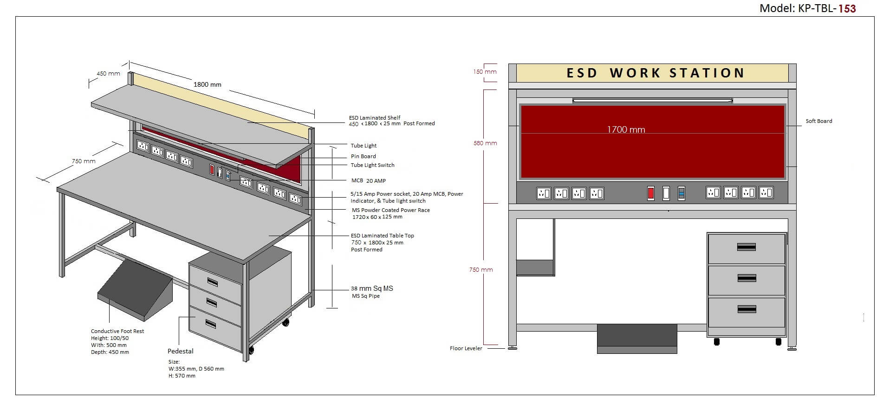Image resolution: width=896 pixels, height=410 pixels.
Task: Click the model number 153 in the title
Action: [847, 8]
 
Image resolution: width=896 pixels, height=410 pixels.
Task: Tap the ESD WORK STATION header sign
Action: [655, 73]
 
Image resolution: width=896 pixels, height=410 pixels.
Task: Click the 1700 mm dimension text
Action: [626, 130]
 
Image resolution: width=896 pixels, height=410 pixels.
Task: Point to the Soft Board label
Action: [818, 121]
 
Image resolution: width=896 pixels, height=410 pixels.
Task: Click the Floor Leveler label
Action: [466, 348]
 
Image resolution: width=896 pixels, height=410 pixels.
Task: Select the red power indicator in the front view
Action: [650, 193]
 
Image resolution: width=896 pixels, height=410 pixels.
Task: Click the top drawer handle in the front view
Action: [746, 247]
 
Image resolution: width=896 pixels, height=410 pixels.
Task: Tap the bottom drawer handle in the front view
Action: [746, 309]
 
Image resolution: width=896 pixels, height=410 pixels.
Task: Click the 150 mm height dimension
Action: [485, 72]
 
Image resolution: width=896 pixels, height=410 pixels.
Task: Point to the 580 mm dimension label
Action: [485, 143]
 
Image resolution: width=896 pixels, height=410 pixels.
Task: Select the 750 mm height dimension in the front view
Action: [480, 270]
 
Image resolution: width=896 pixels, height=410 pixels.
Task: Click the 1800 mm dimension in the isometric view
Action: [207, 85]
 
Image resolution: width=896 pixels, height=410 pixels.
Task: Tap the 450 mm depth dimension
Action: [108, 74]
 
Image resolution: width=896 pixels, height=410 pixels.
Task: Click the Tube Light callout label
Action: [364, 146]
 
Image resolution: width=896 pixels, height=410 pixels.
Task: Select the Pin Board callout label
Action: [363, 156]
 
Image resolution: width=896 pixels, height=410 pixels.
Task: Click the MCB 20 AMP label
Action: [368, 181]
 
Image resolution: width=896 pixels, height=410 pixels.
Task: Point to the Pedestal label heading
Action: [180, 352]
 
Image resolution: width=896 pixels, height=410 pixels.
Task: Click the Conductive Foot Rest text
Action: [117, 331]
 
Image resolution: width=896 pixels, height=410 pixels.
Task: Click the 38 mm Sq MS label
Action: [371, 288]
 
